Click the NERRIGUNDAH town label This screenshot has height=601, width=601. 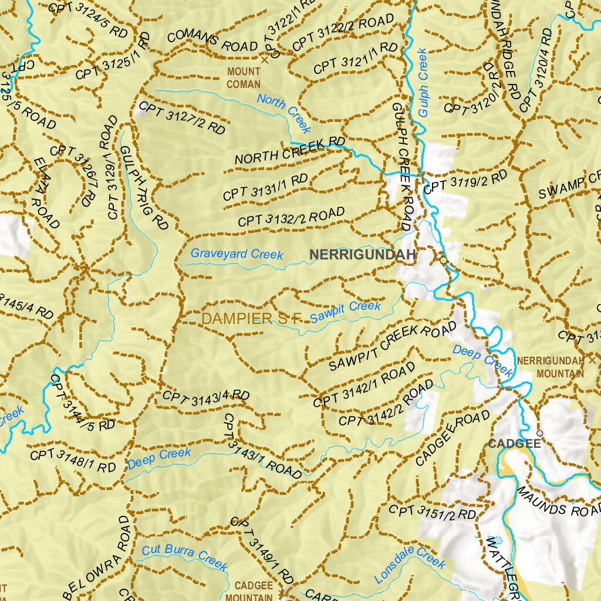pos(363,255)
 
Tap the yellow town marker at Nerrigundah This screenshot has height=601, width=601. pos(443,259)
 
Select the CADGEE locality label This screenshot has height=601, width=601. pos(514,444)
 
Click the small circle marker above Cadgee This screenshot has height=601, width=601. pos(539,433)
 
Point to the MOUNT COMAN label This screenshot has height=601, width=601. pos(243,78)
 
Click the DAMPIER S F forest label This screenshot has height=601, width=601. pos(251,319)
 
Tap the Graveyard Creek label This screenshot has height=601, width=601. pos(237,254)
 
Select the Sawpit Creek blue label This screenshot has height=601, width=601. pos(345,311)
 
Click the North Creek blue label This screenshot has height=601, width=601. pos(284,112)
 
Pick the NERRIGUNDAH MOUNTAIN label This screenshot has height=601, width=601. pos(551,367)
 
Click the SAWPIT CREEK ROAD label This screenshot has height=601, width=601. pos(392,346)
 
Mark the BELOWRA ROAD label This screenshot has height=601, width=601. pos(97,558)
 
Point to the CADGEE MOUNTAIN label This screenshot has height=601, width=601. pos(254,591)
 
